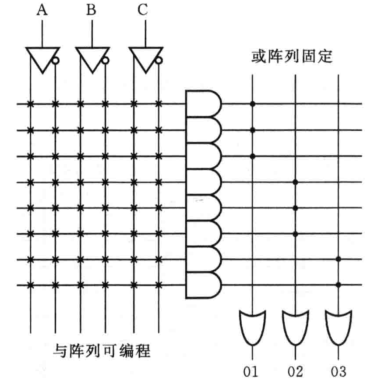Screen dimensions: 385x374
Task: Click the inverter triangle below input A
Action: (40, 58)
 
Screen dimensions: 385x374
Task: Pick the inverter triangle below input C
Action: (143, 58)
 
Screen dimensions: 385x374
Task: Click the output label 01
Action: (252, 372)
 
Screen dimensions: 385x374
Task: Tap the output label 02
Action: (295, 372)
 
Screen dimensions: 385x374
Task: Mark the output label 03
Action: (338, 372)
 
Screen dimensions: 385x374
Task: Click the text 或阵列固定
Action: (292, 57)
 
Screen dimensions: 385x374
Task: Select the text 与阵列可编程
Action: (102, 350)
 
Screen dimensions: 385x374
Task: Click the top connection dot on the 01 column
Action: (252, 104)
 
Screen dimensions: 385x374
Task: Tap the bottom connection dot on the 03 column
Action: (338, 285)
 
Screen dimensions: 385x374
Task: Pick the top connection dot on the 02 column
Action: (295, 182)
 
